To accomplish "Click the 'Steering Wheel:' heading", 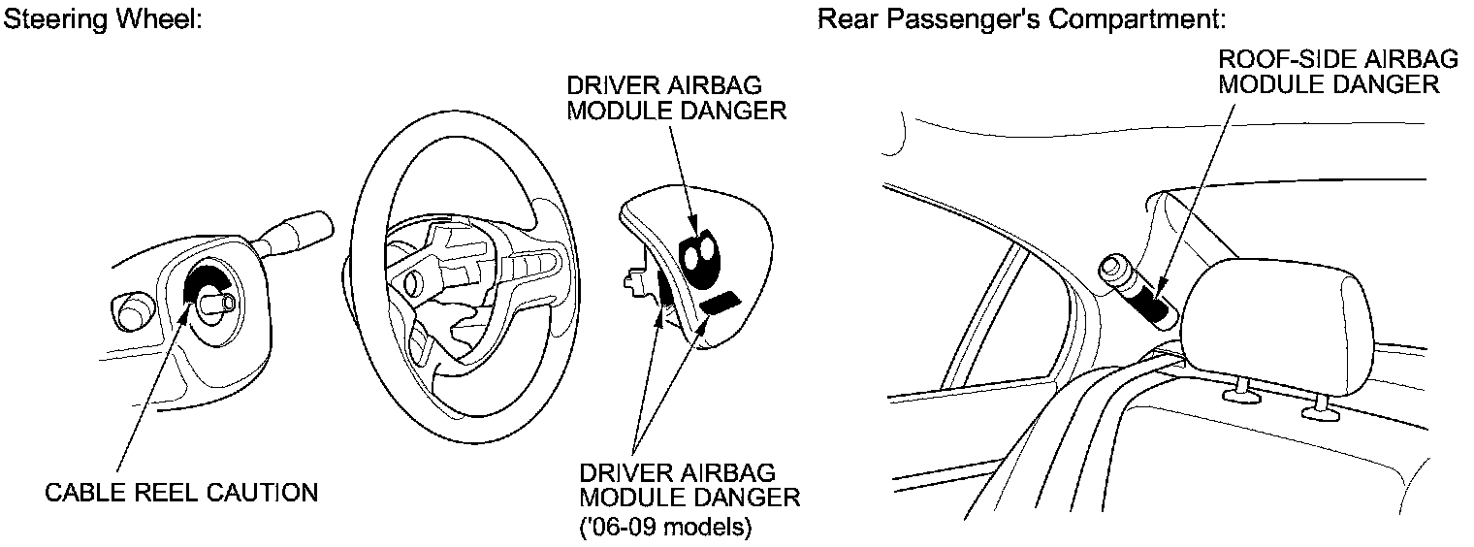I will (103, 19).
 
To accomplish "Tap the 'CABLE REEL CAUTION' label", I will (181, 493).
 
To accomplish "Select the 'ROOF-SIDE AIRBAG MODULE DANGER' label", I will (1337, 72).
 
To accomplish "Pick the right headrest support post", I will (1317, 410).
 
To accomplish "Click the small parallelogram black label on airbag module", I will (721, 303).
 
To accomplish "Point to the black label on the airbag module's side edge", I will (667, 291).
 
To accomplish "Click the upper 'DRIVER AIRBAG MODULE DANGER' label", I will (676, 97).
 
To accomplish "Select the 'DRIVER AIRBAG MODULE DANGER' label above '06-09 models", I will (689, 485).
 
